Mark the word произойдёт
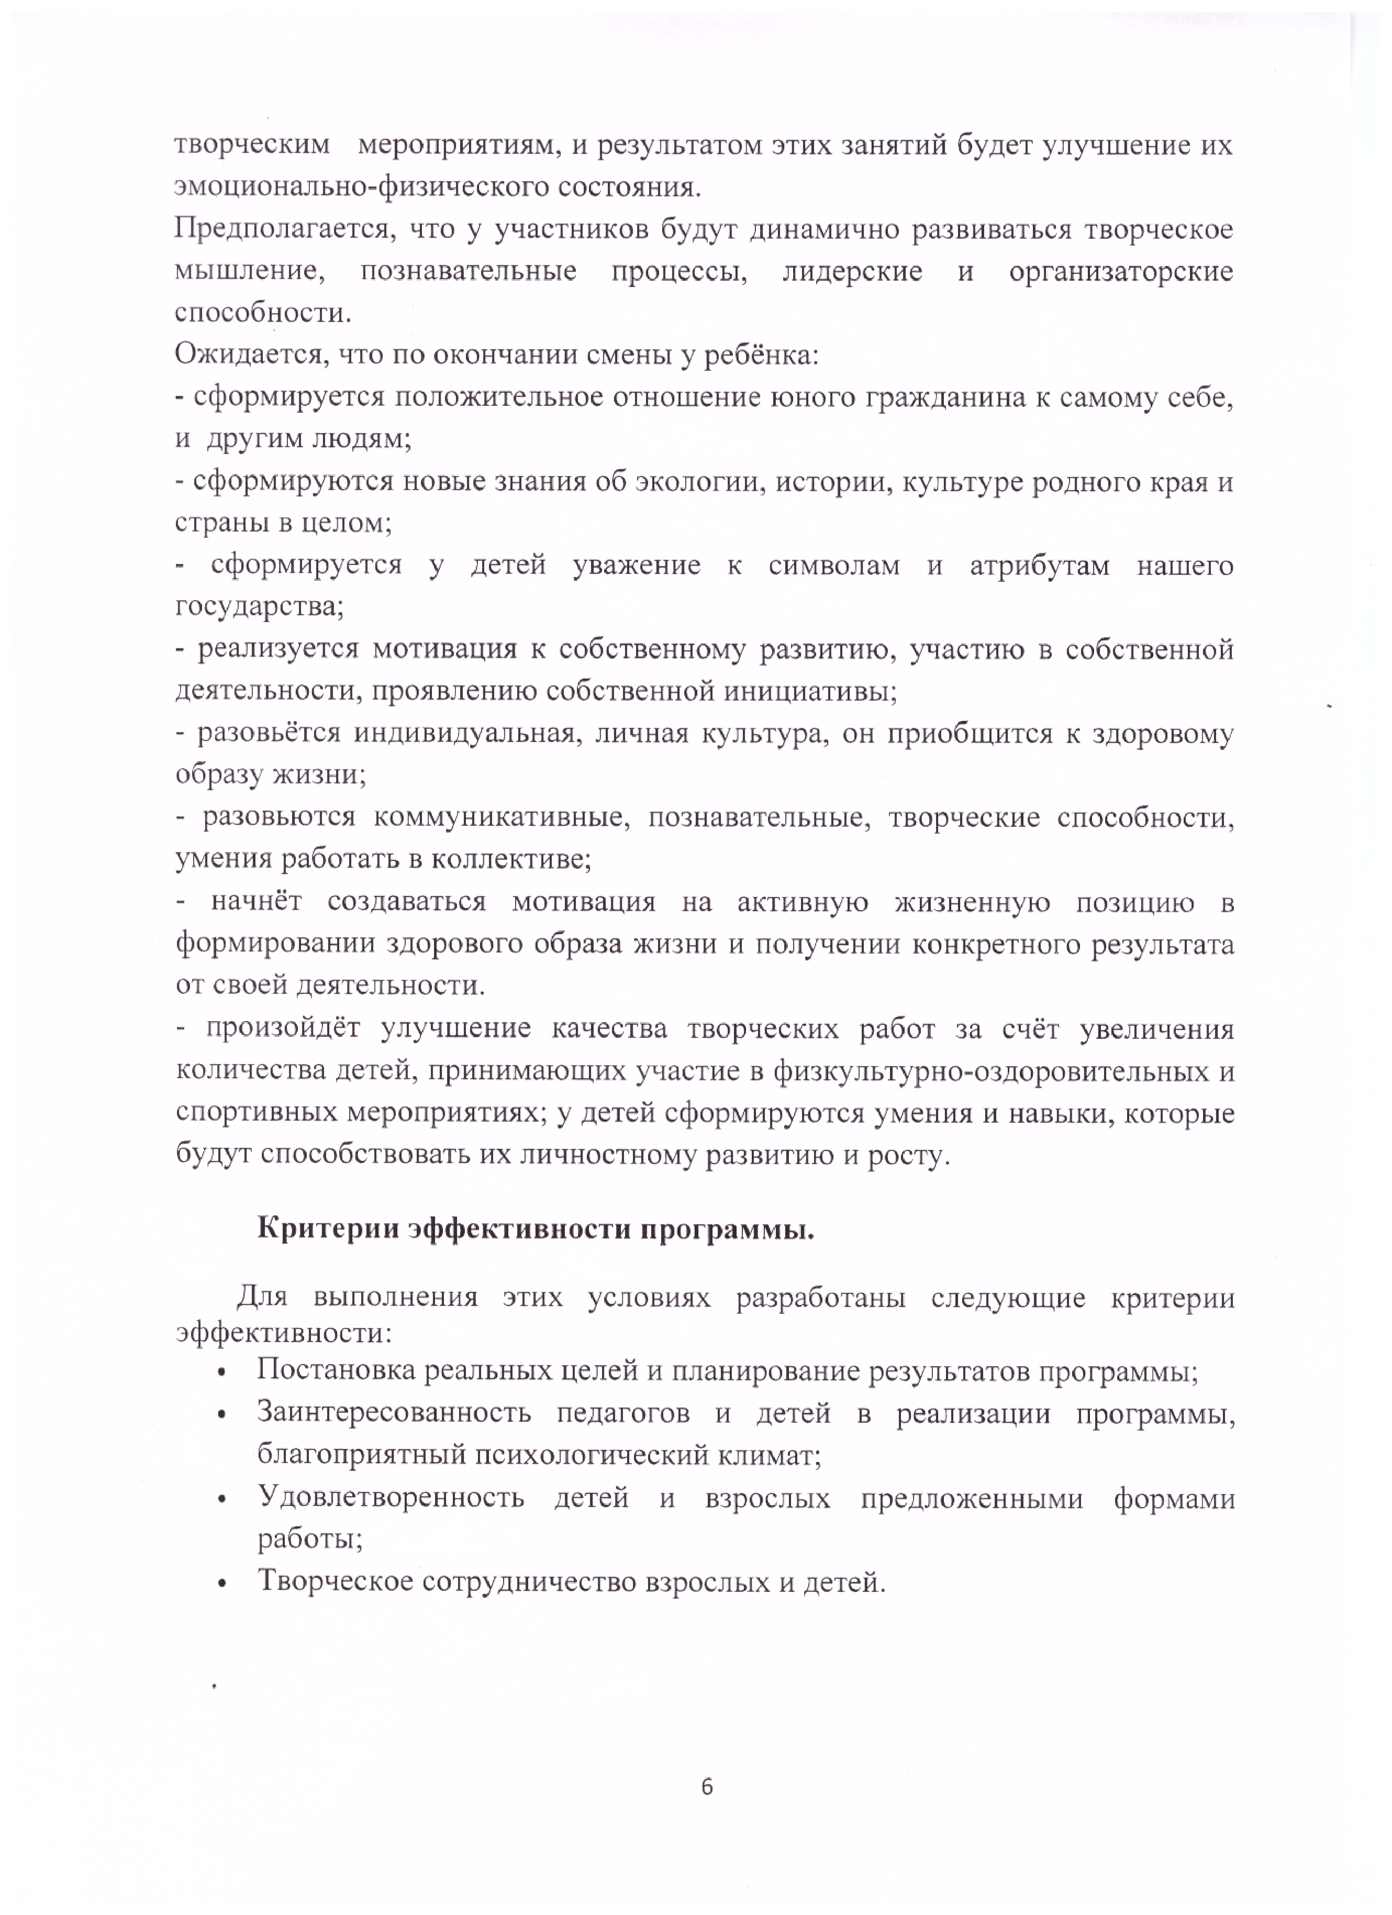point(283,1028)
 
